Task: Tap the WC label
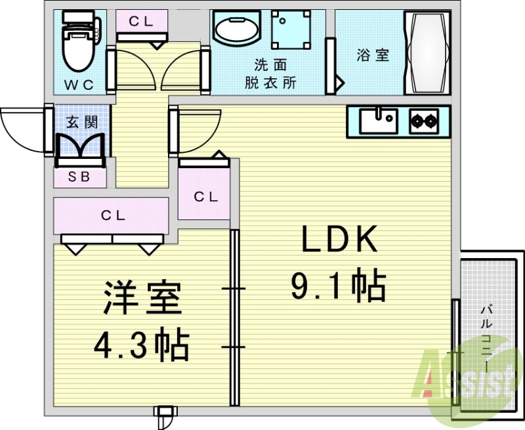(79, 84)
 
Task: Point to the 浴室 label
(373, 55)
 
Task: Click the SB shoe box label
(78, 177)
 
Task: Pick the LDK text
(339, 240)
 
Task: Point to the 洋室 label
(140, 300)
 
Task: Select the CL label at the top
(140, 21)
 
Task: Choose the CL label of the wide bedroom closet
(113, 215)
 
